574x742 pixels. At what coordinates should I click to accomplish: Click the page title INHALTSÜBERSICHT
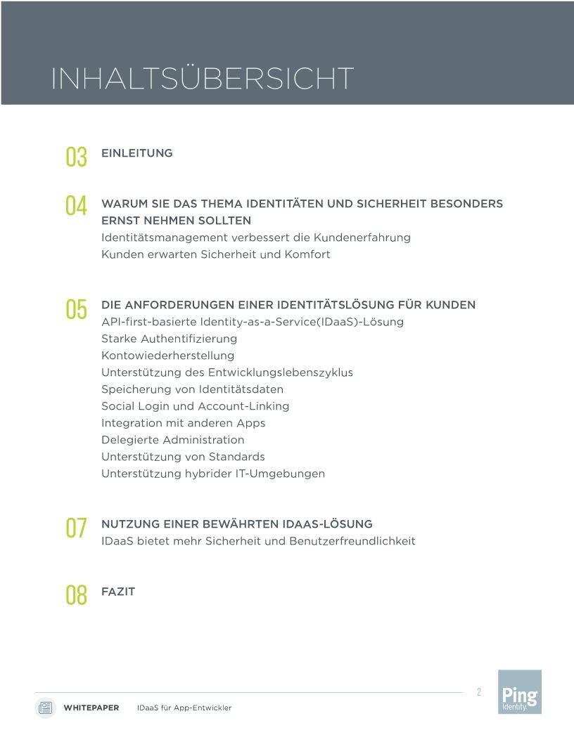point(202,79)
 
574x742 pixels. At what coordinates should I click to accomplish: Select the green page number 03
point(76,156)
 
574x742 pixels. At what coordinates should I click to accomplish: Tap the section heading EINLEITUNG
point(137,153)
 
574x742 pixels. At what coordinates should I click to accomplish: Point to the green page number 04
point(76,206)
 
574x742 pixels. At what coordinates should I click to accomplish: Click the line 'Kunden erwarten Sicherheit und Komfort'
point(215,254)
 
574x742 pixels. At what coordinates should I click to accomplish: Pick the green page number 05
point(76,309)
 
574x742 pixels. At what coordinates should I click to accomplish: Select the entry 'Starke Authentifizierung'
point(169,339)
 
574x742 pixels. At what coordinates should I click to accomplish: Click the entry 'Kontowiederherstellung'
point(167,356)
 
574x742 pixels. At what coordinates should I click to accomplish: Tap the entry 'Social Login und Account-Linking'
point(195,406)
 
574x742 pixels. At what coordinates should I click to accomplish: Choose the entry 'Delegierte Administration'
point(172,440)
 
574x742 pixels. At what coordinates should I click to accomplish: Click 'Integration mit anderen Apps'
point(183,423)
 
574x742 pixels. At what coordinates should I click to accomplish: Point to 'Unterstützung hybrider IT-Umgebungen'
point(212,474)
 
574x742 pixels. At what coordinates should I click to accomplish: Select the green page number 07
point(76,528)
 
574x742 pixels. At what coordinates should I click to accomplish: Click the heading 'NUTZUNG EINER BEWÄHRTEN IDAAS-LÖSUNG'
point(236,524)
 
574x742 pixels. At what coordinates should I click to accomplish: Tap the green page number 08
point(76,595)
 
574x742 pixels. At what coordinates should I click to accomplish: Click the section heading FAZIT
point(118,592)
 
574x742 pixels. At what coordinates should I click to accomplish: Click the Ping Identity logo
point(520,692)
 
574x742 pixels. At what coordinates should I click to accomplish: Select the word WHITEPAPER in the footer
point(91,708)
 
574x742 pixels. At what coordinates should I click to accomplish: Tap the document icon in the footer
point(46,708)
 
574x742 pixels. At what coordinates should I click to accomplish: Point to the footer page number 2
point(479,692)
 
